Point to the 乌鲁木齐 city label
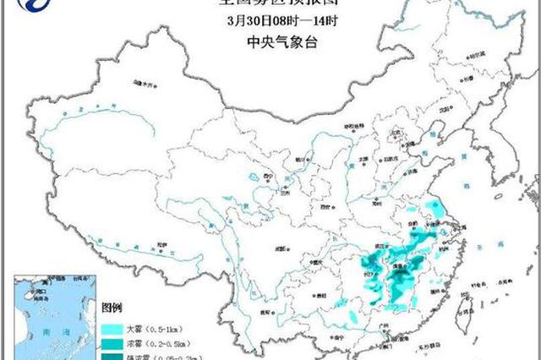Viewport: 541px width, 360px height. (146, 84)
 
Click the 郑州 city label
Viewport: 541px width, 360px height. (377, 202)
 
